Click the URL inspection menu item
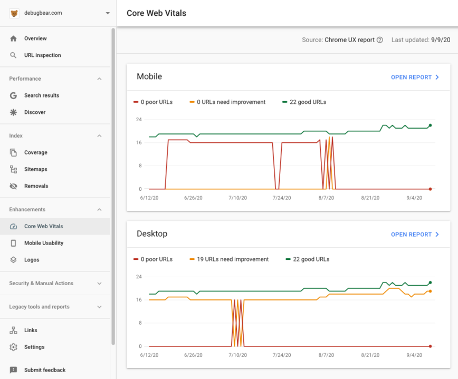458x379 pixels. pyautogui.click(x=42, y=55)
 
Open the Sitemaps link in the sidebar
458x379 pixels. pyautogui.click(x=35, y=169)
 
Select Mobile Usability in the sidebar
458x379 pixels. pyautogui.click(x=43, y=243)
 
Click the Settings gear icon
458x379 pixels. pyautogui.click(x=14, y=347)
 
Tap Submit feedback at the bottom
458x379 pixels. pyautogui.click(x=44, y=370)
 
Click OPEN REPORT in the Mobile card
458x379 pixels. pyautogui.click(x=415, y=77)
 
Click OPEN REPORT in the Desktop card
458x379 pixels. pyautogui.click(x=415, y=235)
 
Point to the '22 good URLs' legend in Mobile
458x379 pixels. pyautogui.click(x=307, y=102)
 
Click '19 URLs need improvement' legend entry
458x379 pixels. pyautogui.click(x=232, y=259)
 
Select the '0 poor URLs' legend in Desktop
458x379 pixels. pyautogui.click(x=156, y=259)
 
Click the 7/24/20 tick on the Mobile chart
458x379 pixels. pyautogui.click(x=282, y=198)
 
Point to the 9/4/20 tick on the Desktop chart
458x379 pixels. pyautogui.click(x=413, y=355)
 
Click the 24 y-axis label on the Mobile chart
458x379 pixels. pyautogui.click(x=139, y=120)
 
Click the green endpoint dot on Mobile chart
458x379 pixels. pyautogui.click(x=430, y=125)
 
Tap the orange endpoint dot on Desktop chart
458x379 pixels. pyautogui.click(x=430, y=291)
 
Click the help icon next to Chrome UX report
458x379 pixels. pyautogui.click(x=380, y=40)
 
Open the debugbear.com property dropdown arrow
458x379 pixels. pyautogui.click(x=108, y=13)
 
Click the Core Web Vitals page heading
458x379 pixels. pyautogui.click(x=156, y=13)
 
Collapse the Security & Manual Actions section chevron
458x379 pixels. pyautogui.click(x=99, y=284)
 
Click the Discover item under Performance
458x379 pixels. pyautogui.click(x=35, y=112)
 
